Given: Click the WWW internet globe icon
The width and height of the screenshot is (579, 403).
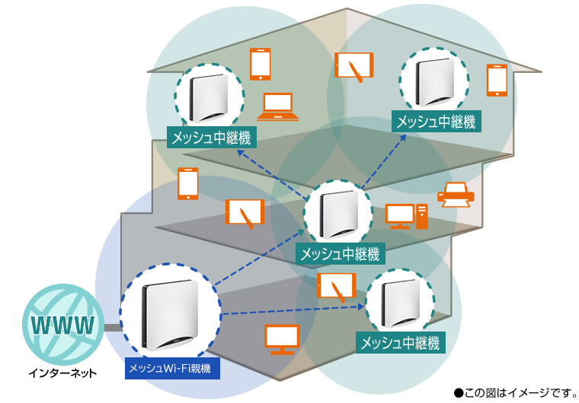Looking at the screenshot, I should (63, 325).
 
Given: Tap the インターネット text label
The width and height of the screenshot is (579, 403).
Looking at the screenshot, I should (63, 373).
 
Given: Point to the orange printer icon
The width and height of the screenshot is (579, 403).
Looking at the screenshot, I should (456, 196).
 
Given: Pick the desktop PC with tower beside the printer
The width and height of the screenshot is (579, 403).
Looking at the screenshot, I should (407, 216).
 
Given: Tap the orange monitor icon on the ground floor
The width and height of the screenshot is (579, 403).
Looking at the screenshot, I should (282, 339).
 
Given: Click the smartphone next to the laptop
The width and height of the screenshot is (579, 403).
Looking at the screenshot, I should (261, 65).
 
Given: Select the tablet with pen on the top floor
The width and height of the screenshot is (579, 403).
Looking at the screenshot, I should (354, 66).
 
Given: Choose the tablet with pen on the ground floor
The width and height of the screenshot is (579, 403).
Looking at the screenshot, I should (336, 287).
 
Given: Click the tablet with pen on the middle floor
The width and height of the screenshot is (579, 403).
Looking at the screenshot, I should (245, 212).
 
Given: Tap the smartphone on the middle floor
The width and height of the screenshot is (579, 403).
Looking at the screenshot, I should (187, 184).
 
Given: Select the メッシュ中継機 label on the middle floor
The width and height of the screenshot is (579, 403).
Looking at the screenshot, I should (340, 255).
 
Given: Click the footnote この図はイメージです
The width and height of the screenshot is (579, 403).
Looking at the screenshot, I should (515, 392).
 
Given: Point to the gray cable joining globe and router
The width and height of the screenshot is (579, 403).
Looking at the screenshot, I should (113, 328).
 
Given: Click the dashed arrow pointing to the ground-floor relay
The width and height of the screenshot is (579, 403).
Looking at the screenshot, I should (289, 311).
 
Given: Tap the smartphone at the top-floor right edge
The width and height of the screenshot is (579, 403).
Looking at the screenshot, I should (497, 80).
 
